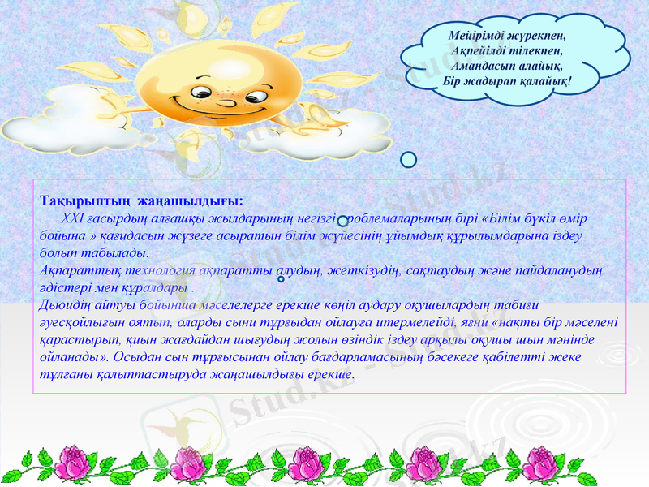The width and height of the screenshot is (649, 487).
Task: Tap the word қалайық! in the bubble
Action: click(545, 82)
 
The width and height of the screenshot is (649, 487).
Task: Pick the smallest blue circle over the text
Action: click(281, 279)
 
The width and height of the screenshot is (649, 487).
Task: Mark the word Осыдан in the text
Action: click(137, 357)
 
